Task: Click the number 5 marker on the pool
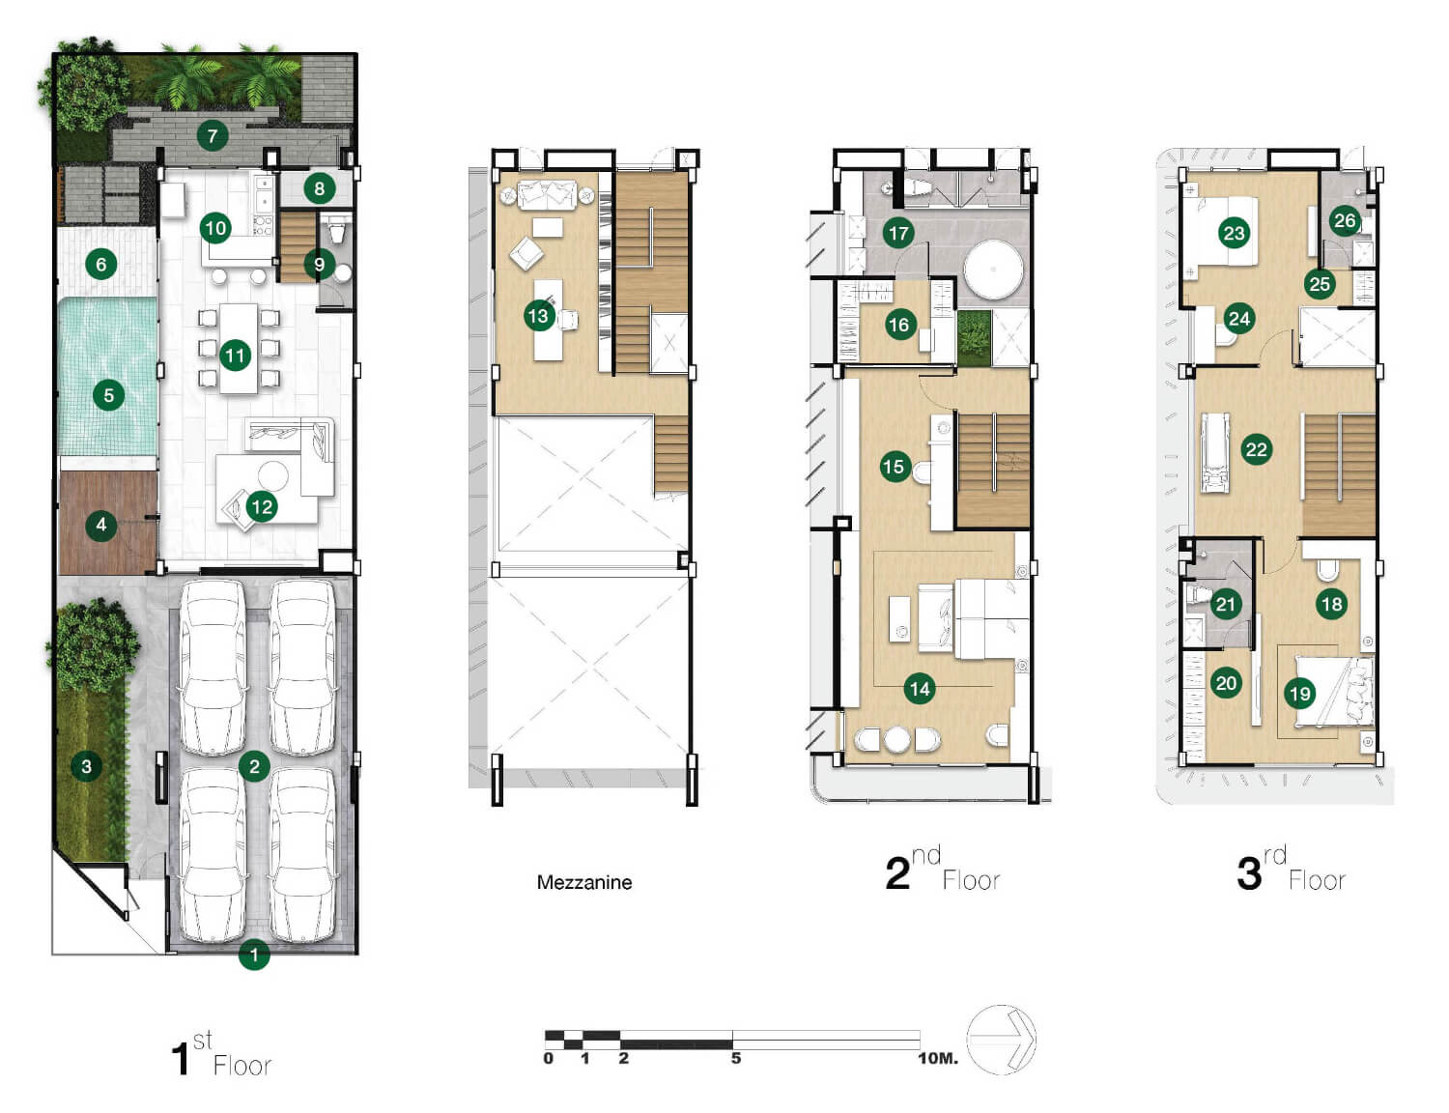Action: (x=109, y=395)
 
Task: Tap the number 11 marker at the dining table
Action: (x=235, y=355)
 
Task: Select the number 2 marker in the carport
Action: (x=254, y=766)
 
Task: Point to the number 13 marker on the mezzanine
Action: (x=539, y=315)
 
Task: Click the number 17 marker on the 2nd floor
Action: (x=898, y=233)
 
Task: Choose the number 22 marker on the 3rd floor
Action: (x=1257, y=449)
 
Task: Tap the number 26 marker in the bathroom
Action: (x=1345, y=220)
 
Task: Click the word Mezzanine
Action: (x=584, y=882)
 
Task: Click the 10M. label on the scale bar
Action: (x=938, y=1058)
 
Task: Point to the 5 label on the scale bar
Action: (x=735, y=1058)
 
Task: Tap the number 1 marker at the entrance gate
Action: (x=254, y=955)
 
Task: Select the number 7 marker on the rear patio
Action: (x=213, y=136)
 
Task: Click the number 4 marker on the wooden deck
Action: (x=101, y=525)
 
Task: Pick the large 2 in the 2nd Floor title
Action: (x=897, y=873)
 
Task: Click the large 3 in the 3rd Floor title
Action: (x=1249, y=873)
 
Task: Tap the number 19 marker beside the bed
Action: (x=1299, y=694)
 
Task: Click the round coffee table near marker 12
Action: (x=272, y=476)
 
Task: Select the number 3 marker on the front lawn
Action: (x=86, y=766)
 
